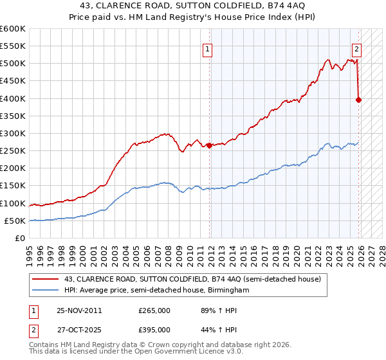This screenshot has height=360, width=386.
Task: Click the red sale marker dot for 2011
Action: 210,146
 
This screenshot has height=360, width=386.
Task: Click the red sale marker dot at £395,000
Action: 358,100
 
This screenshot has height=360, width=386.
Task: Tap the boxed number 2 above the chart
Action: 356,48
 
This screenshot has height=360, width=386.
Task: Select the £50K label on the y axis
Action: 15,221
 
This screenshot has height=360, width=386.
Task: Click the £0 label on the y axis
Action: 19,238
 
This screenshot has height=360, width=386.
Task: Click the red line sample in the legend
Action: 46,279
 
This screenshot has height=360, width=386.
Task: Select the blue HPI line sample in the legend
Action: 46,291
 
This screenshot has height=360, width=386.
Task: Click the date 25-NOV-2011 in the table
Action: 79,310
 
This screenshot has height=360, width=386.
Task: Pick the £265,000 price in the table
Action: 154,310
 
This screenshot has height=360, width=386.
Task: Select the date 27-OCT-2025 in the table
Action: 79,329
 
